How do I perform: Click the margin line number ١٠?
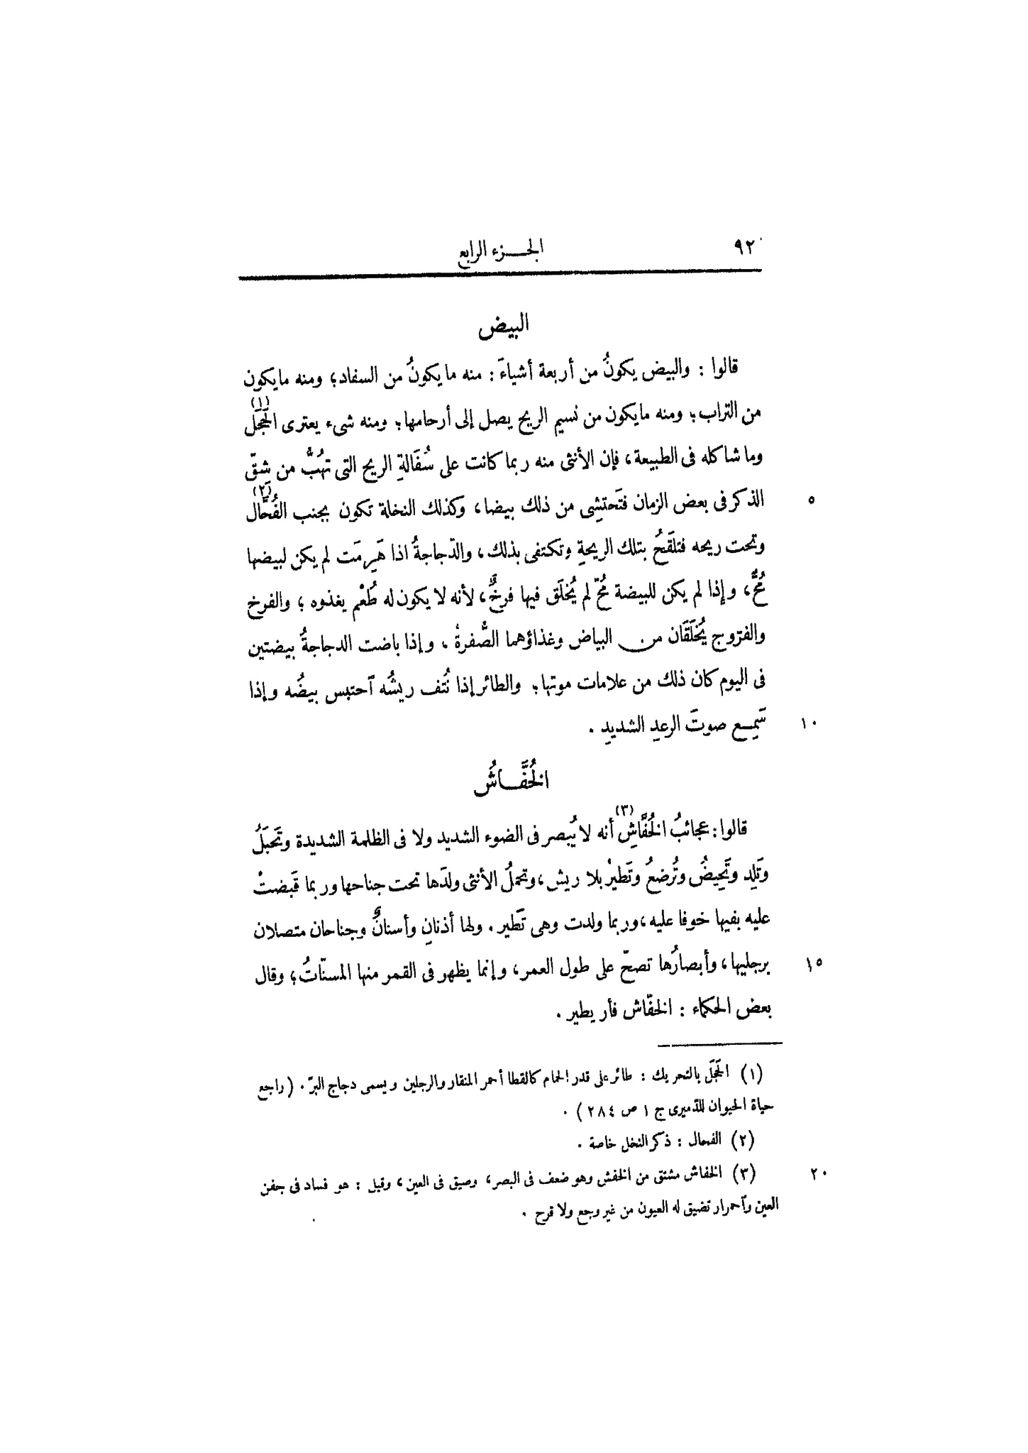coord(809,724)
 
